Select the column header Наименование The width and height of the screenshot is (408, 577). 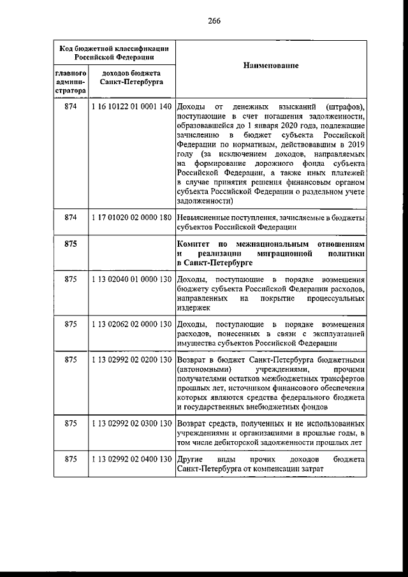point(271,66)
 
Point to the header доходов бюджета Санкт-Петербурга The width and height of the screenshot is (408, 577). point(131,78)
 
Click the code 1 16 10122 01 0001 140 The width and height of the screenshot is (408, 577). point(132,106)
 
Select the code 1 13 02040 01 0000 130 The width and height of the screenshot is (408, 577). point(132,280)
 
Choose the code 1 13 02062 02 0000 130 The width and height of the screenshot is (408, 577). point(132,324)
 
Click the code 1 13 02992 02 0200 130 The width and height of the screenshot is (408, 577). point(132,360)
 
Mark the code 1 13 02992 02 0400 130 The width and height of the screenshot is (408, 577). point(132,459)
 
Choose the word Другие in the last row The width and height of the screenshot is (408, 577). point(190,459)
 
